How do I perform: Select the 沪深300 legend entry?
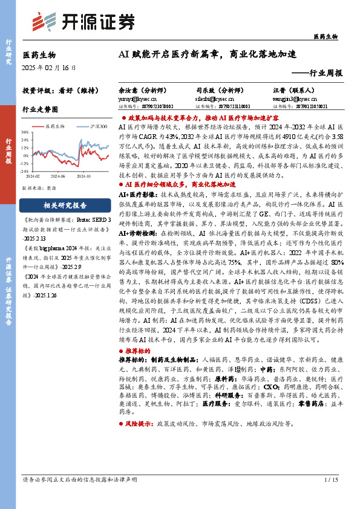[x=98, y=126]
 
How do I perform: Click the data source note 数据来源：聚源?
[x=39, y=188]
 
